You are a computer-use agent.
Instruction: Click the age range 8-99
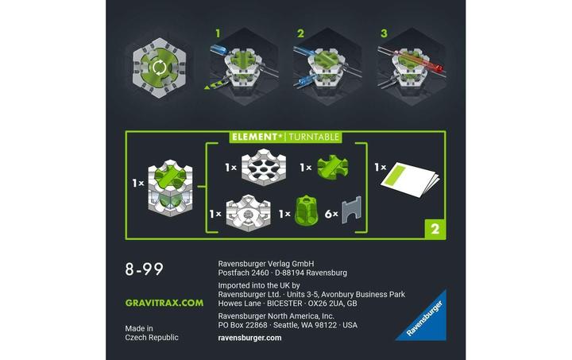[x=145, y=269]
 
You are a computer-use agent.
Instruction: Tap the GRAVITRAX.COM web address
[x=164, y=303]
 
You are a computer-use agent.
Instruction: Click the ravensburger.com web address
[x=249, y=337]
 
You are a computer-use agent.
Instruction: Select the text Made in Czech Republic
[x=152, y=332]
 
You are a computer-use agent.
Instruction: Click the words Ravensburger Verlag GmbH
[x=266, y=263]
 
